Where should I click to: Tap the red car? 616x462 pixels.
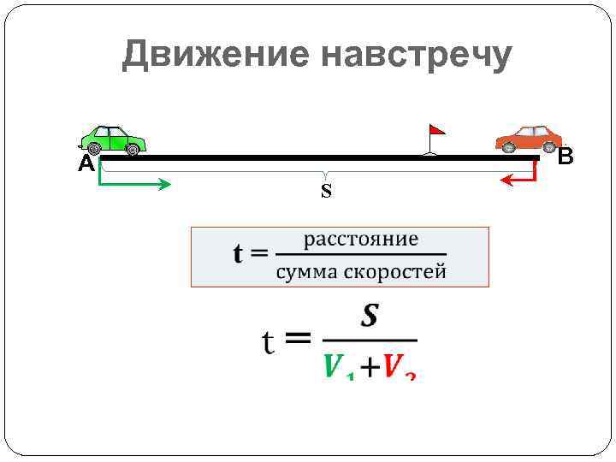pyautogui.click(x=528, y=139)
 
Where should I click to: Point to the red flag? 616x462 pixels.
pyautogui.click(x=436, y=131)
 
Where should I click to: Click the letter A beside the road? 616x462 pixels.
pyautogui.click(x=86, y=164)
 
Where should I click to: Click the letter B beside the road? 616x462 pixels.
pyautogui.click(x=566, y=157)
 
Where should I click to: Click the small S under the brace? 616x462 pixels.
pyautogui.click(x=326, y=191)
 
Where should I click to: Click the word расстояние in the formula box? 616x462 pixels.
pyautogui.click(x=361, y=239)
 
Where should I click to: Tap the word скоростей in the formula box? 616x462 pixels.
pyautogui.click(x=396, y=273)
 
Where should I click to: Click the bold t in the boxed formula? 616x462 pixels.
pyautogui.click(x=239, y=254)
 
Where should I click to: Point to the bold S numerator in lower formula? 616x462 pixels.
pyautogui.click(x=370, y=317)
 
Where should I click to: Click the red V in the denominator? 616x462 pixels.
pyautogui.click(x=394, y=366)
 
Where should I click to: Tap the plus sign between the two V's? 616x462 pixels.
pyautogui.click(x=369, y=368)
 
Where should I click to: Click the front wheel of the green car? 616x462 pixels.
pyautogui.click(x=132, y=150)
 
